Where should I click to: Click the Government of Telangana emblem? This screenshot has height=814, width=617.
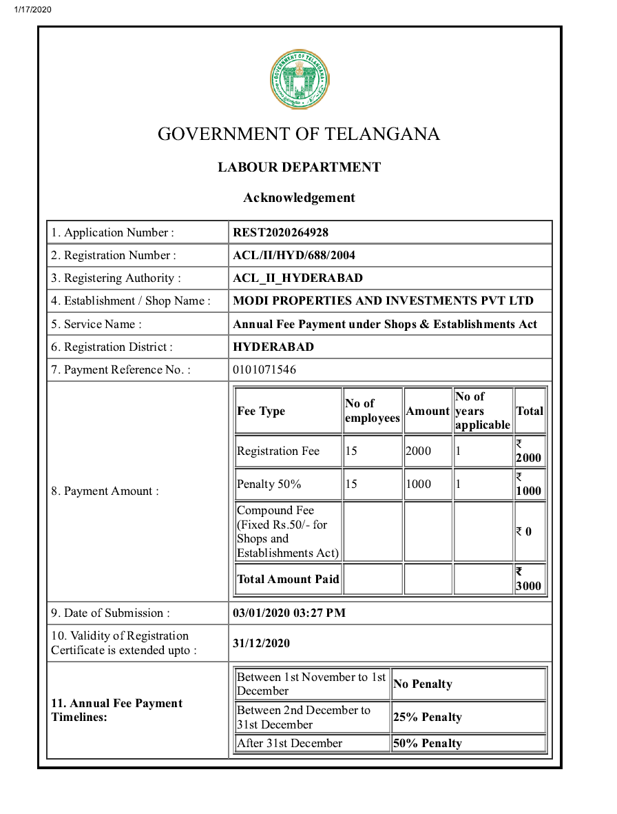[x=299, y=79]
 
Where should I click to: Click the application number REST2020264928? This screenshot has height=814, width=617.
[x=280, y=232]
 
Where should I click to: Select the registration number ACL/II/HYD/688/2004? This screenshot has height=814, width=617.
[x=294, y=255]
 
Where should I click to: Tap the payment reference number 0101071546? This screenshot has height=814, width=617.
[x=264, y=369]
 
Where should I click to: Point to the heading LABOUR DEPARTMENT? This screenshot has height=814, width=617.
[x=299, y=167]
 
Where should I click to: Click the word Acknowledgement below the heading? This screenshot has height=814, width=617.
[x=299, y=198]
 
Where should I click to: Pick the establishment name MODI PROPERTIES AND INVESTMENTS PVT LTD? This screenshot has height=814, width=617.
[x=383, y=301]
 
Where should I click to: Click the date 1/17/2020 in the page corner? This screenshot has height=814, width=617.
[x=32, y=10]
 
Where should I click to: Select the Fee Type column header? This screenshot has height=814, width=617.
[x=261, y=411]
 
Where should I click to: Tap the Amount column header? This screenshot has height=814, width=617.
[x=428, y=411]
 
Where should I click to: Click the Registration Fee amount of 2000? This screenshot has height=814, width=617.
[x=418, y=451]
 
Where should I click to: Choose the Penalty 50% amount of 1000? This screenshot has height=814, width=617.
[x=418, y=484]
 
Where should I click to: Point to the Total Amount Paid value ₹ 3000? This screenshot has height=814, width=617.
[x=529, y=580]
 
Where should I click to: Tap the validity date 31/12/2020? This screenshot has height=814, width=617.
[x=261, y=643]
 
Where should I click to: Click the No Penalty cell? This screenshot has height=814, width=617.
[x=423, y=684]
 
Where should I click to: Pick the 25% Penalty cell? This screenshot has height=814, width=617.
[x=427, y=717]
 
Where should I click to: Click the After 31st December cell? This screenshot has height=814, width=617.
[x=289, y=743]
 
